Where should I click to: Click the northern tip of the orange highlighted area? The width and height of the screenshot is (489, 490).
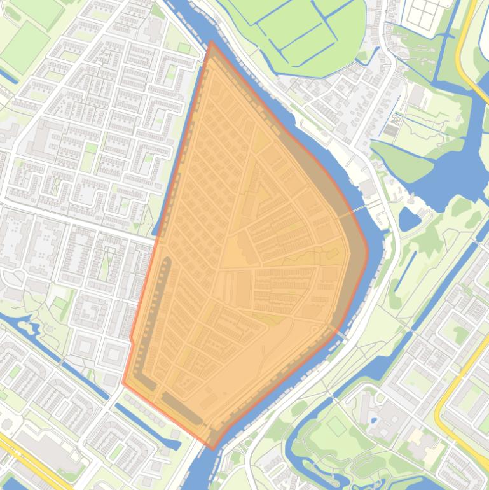211,43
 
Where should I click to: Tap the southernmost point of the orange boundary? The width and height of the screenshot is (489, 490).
214,448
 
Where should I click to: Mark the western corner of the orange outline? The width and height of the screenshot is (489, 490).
123,383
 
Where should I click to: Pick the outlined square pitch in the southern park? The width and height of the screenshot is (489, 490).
336,426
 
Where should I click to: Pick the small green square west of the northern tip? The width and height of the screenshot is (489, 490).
184,48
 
